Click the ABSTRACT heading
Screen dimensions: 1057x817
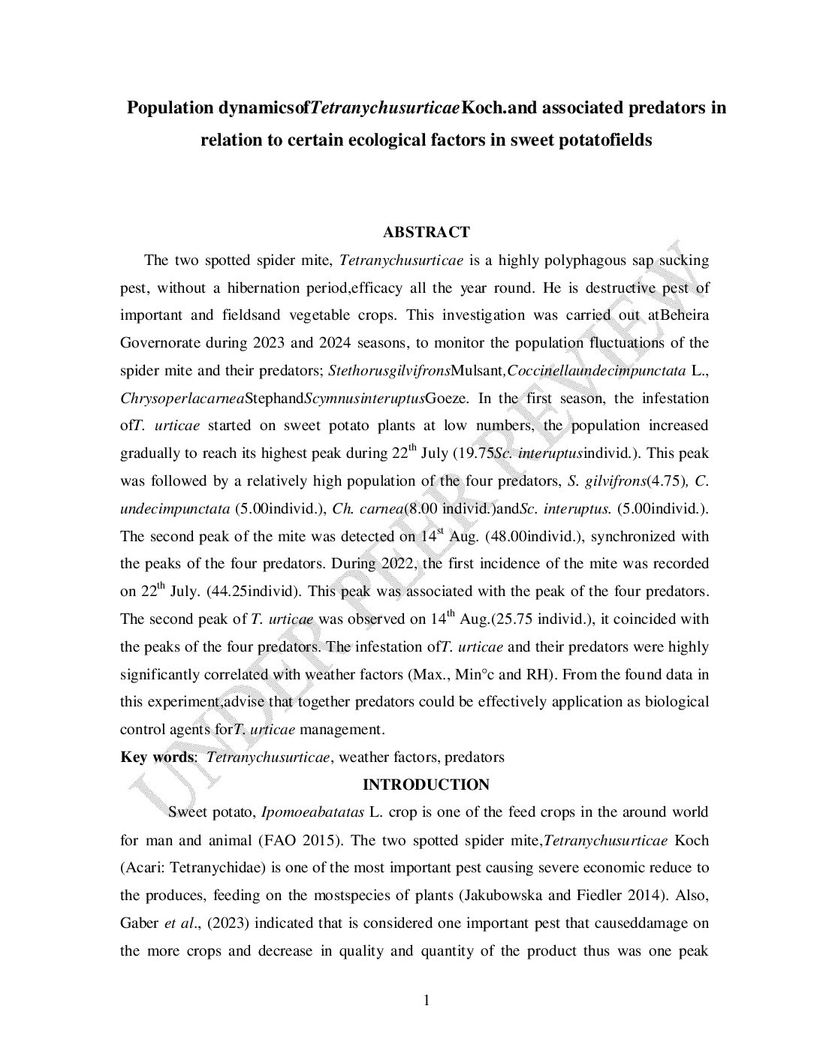(426, 233)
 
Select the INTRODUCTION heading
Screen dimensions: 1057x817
(426, 785)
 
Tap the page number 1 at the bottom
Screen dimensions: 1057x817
(427, 1000)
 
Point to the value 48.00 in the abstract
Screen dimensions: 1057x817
(510, 537)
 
